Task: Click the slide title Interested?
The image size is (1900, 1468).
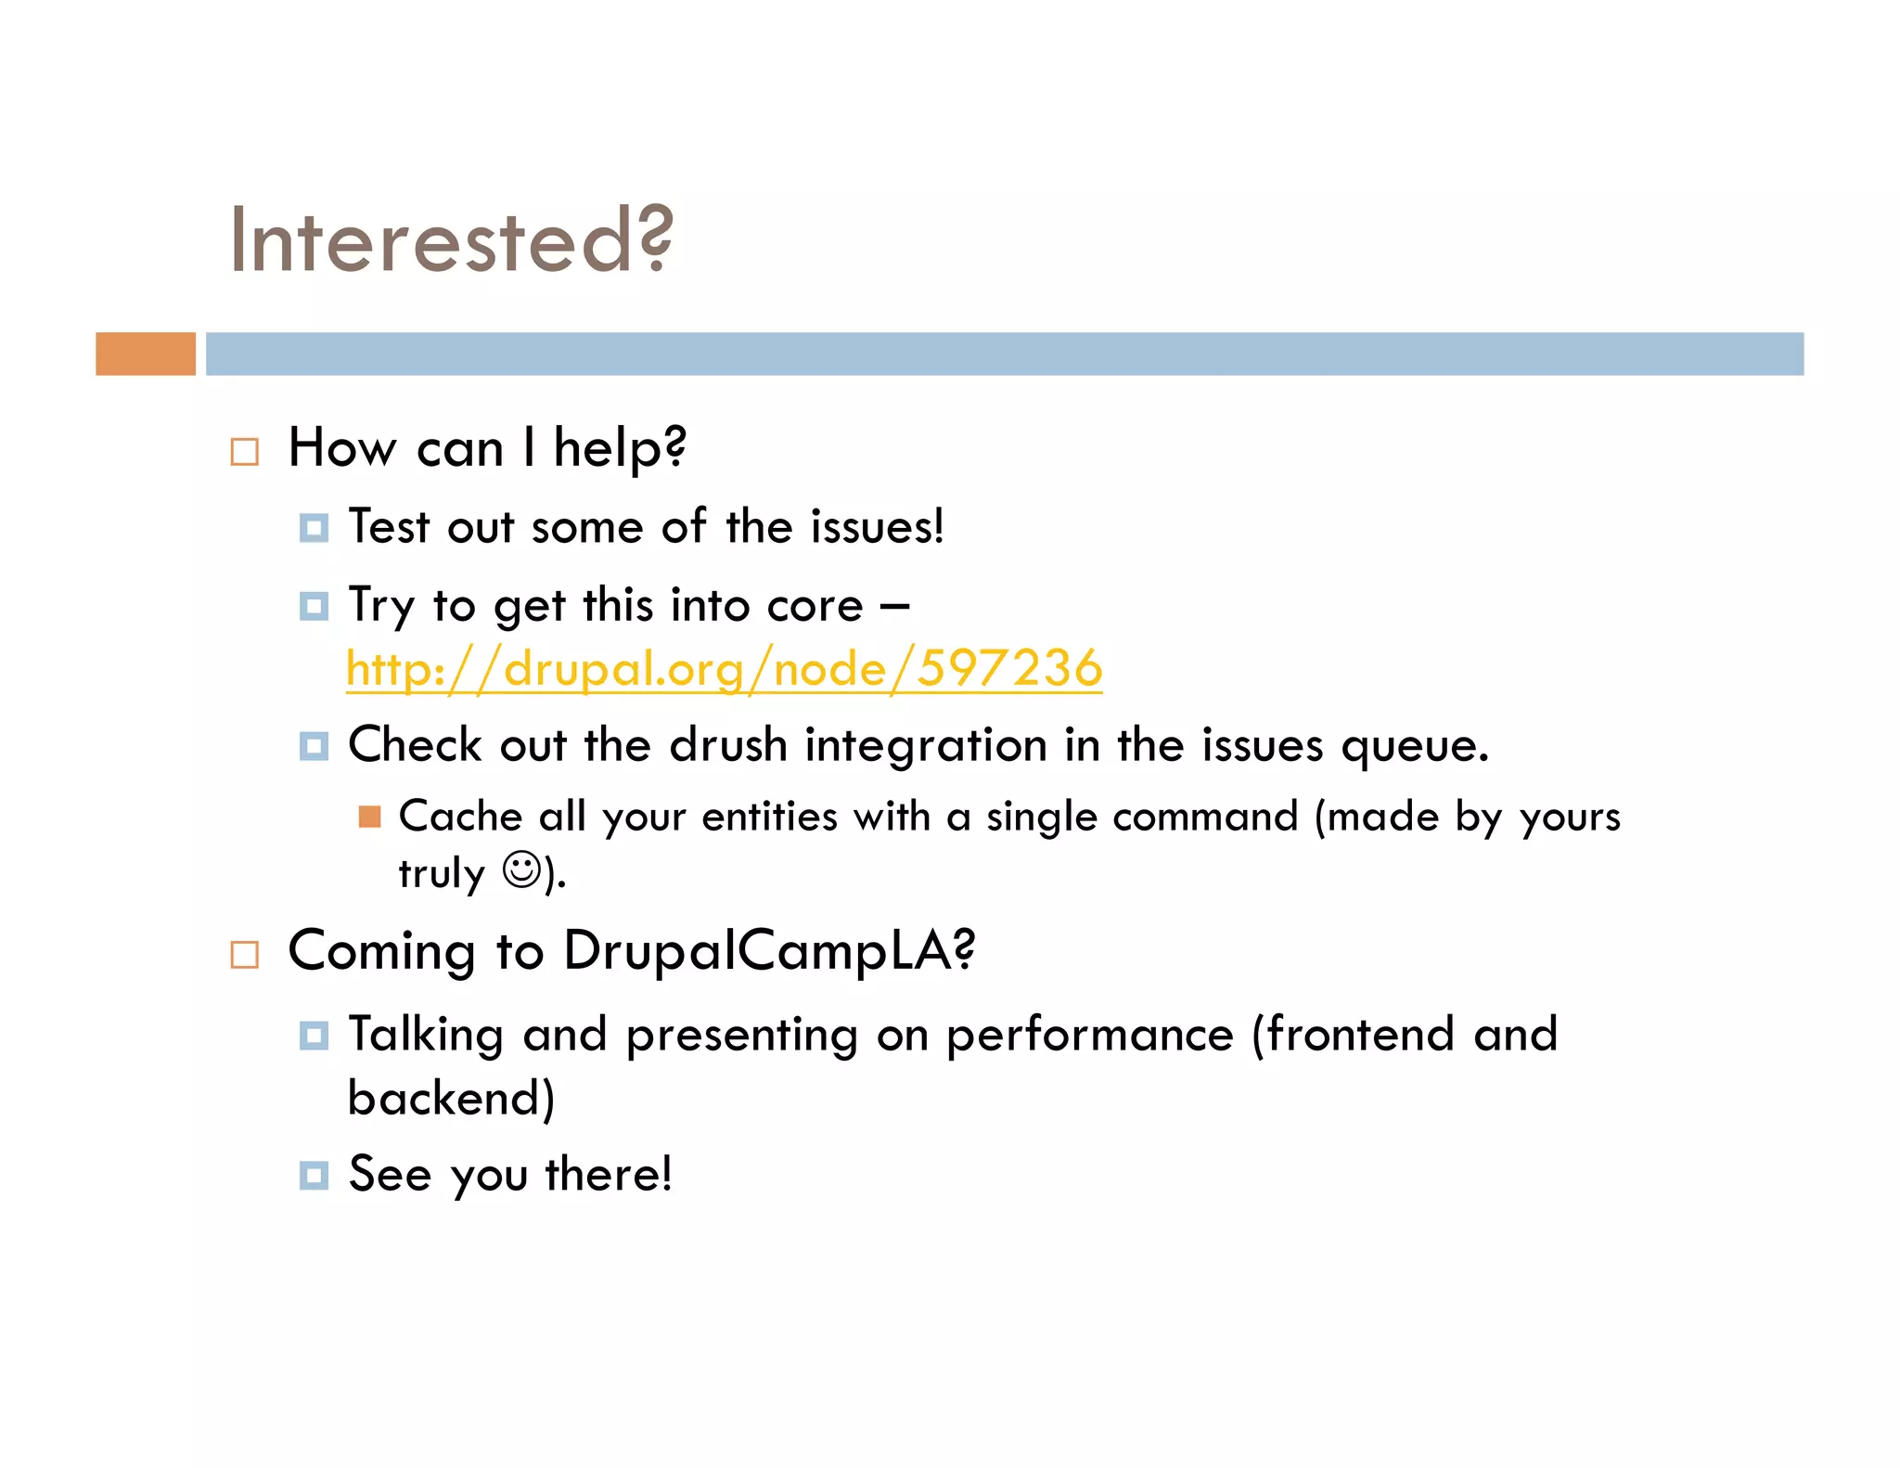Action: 451,239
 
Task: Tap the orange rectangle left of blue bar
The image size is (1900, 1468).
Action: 146,354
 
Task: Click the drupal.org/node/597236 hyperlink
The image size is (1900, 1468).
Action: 724,668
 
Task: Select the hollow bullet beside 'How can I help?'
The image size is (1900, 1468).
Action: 244,452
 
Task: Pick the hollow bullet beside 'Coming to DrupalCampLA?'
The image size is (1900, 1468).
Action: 244,955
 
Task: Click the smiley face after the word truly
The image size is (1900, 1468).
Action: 520,870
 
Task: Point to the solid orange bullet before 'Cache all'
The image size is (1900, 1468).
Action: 369,817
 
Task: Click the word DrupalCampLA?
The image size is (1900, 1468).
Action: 769,951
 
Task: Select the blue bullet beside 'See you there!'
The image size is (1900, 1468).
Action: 314,1176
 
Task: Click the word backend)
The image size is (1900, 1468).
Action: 451,1099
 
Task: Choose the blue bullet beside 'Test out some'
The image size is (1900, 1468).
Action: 314,529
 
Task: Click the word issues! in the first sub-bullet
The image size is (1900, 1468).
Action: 878,527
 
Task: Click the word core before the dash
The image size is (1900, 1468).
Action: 815,606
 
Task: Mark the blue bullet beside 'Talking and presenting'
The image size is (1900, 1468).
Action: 314,1036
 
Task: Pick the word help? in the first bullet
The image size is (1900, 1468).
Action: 620,448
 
